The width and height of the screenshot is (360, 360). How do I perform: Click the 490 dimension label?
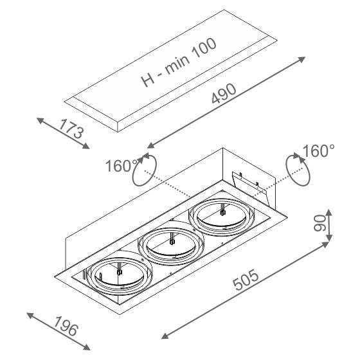tap(224, 93)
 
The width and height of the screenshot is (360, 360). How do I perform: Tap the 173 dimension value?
tap(71, 129)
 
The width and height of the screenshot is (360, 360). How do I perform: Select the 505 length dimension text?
tap(246, 280)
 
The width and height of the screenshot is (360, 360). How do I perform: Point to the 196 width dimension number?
tap(66, 326)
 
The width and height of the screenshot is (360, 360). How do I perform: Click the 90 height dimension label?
tap(319, 222)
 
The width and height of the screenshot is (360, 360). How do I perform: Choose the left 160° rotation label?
tap(122, 166)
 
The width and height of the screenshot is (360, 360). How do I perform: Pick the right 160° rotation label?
tap(319, 151)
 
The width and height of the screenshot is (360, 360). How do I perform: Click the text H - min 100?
tap(179, 62)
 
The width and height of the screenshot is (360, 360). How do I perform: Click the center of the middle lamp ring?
tap(170, 245)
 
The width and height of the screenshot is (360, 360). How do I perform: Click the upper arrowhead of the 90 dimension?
tap(328, 213)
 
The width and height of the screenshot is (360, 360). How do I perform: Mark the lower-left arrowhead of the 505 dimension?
tap(165, 336)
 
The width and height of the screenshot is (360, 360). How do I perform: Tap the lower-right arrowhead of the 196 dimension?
tap(86, 347)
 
